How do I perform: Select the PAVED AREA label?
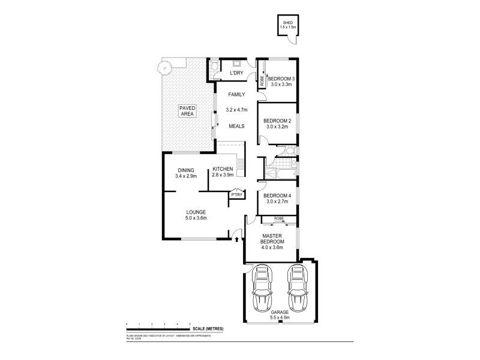click(187, 111)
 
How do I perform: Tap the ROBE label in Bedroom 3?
click(262, 79)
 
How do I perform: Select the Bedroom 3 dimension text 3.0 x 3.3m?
click(281, 85)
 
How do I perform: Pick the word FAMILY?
click(235, 94)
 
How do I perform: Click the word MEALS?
click(236, 126)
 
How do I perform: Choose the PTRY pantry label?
click(236, 195)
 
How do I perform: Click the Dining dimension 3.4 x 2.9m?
click(186, 176)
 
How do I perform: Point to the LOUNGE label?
click(196, 212)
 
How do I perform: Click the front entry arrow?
click(236, 239)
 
